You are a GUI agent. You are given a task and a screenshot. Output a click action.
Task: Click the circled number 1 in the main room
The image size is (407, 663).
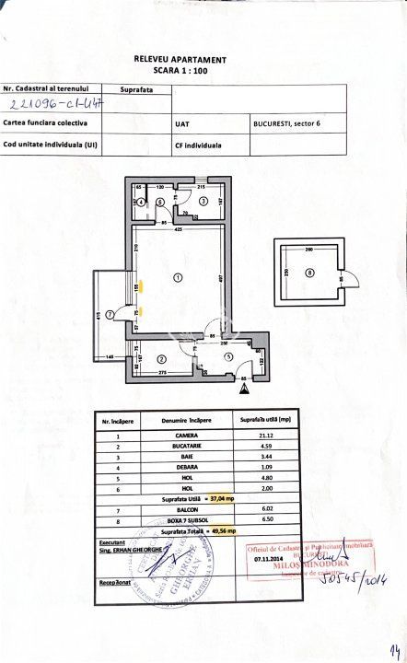pyautogui.click(x=178, y=275)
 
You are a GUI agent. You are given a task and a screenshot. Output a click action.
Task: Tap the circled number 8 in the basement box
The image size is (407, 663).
pyautogui.click(x=309, y=273)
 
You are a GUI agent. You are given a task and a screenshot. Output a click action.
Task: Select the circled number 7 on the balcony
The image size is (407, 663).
pyautogui.click(x=110, y=315)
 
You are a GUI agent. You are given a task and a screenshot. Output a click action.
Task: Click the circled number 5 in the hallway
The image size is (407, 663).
pyautogui.click(x=228, y=358)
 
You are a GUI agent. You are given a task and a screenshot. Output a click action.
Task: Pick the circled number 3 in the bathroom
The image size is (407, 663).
pyautogui.click(x=203, y=200)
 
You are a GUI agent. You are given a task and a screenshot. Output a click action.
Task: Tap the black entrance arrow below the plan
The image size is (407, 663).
pyautogui.click(x=243, y=389)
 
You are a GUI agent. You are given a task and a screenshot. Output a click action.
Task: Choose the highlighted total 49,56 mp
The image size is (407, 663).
pyautogui.click(x=219, y=531)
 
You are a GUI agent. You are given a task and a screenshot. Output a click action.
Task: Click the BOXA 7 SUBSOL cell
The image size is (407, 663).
pyautogui.click(x=187, y=518)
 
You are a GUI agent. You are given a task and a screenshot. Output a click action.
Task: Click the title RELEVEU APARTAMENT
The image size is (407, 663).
pyautogui.click(x=179, y=57)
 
